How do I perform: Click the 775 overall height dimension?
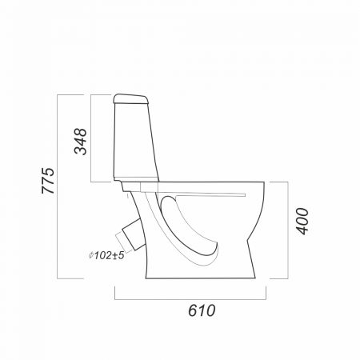(48, 181)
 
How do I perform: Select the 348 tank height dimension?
(81, 142)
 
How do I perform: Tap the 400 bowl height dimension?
(302, 222)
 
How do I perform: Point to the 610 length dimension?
(202, 310)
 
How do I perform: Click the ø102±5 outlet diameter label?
(106, 255)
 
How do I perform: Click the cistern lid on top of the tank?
(130, 98)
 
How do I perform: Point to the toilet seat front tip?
(245, 195)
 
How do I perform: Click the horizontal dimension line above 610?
(190, 299)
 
